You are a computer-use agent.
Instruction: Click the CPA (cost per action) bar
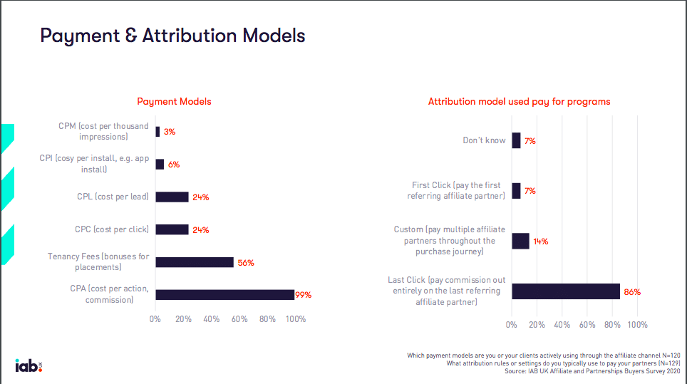(224, 294)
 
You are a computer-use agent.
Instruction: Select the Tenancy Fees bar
(195, 262)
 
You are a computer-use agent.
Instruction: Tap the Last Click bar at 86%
(565, 291)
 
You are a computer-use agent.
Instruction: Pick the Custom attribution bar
(520, 241)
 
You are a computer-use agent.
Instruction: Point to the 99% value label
(304, 295)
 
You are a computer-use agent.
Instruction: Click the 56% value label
(245, 263)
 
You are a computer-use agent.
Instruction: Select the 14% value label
(540, 242)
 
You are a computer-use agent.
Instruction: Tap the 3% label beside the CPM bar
(169, 132)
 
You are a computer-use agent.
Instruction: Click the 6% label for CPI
(173, 165)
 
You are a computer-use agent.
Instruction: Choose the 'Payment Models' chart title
(174, 102)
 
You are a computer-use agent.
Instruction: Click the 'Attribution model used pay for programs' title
(519, 102)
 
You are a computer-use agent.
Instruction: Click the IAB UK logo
(29, 365)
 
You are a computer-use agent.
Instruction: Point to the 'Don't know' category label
(484, 140)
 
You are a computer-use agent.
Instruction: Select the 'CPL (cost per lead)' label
(113, 197)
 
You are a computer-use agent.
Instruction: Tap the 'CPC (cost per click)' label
(112, 229)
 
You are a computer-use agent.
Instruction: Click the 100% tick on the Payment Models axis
(295, 319)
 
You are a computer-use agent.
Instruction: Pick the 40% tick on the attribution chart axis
(562, 325)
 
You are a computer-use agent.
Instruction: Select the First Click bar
(516, 190)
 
